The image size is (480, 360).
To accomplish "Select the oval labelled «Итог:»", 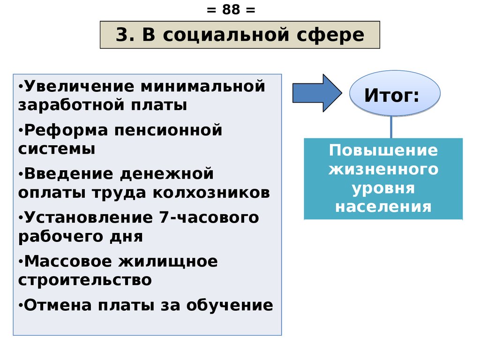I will click(395, 93).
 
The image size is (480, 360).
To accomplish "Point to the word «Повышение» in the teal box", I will click(383, 150).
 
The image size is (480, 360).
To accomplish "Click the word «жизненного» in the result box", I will click(383, 169).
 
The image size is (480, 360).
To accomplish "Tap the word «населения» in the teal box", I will click(383, 207).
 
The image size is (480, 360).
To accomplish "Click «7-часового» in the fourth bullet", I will click(206, 217).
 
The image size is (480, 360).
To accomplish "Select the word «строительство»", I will click(85, 280).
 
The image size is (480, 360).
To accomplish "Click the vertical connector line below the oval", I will click(391, 127).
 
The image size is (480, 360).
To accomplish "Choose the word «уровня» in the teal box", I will click(383, 188).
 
